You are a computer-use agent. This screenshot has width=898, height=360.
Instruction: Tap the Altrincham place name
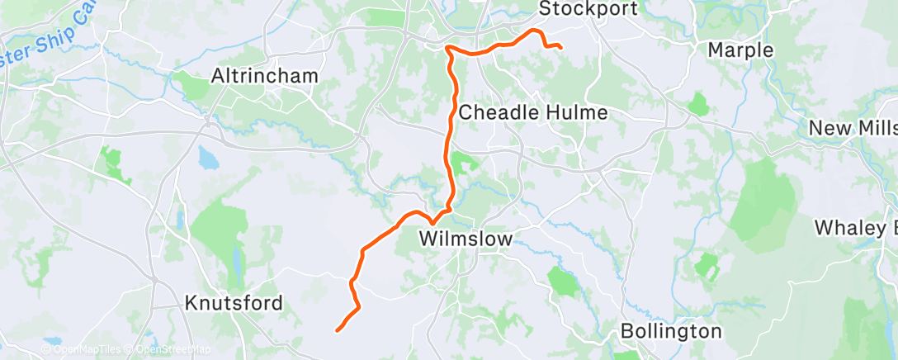pyautogui.click(x=264, y=76)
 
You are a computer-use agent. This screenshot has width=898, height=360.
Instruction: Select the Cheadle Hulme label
pyautogui.click(x=533, y=112)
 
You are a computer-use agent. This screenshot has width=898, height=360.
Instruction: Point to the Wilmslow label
pyautogui.click(x=466, y=239)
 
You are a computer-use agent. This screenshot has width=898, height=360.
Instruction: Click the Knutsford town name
pyautogui.click(x=234, y=302)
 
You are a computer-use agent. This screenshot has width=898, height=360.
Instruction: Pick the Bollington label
pyautogui.click(x=671, y=332)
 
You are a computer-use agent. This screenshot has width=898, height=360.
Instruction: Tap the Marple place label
pyautogui.click(x=741, y=50)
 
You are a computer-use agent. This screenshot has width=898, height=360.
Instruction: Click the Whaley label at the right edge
pyautogui.click(x=855, y=228)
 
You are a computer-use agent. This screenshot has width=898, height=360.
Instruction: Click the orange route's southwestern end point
pyautogui.click(x=338, y=330)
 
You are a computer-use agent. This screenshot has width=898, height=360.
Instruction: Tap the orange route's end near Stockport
pyautogui.click(x=560, y=47)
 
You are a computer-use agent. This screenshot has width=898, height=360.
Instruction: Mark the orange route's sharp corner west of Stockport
pyautogui.click(x=448, y=49)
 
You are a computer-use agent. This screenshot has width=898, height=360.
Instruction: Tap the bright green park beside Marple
pyautogui.click(x=698, y=104)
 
